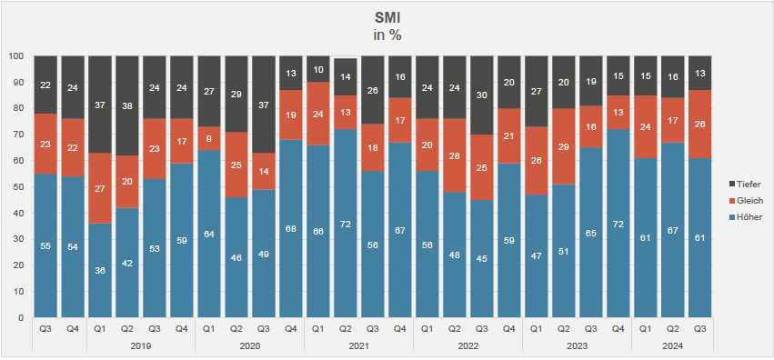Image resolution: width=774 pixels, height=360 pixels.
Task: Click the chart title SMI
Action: (x=387, y=18)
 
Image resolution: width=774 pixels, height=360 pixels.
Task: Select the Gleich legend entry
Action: (x=746, y=201)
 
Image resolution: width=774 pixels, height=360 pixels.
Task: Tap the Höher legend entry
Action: (x=745, y=217)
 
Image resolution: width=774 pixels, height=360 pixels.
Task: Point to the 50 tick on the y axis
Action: (x=19, y=187)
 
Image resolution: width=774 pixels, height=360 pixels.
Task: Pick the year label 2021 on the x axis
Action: (x=359, y=346)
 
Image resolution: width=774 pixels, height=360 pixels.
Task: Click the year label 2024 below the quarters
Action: (x=673, y=346)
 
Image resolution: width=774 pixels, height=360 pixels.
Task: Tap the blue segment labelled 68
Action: (x=291, y=228)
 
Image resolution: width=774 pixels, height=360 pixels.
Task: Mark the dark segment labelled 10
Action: (x=318, y=69)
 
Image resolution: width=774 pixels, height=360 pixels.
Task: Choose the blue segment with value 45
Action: (x=482, y=258)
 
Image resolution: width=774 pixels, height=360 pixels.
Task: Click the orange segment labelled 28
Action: (x=455, y=155)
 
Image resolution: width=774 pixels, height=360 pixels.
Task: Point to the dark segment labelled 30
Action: (x=482, y=95)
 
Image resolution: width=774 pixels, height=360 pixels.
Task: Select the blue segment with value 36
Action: (x=100, y=270)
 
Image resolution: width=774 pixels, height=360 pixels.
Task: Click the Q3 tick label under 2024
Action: (x=700, y=329)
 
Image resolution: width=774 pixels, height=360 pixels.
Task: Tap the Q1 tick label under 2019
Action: (x=100, y=329)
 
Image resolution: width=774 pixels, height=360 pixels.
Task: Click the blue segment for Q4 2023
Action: (x=618, y=224)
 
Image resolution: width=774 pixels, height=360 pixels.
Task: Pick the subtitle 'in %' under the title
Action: (x=387, y=35)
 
